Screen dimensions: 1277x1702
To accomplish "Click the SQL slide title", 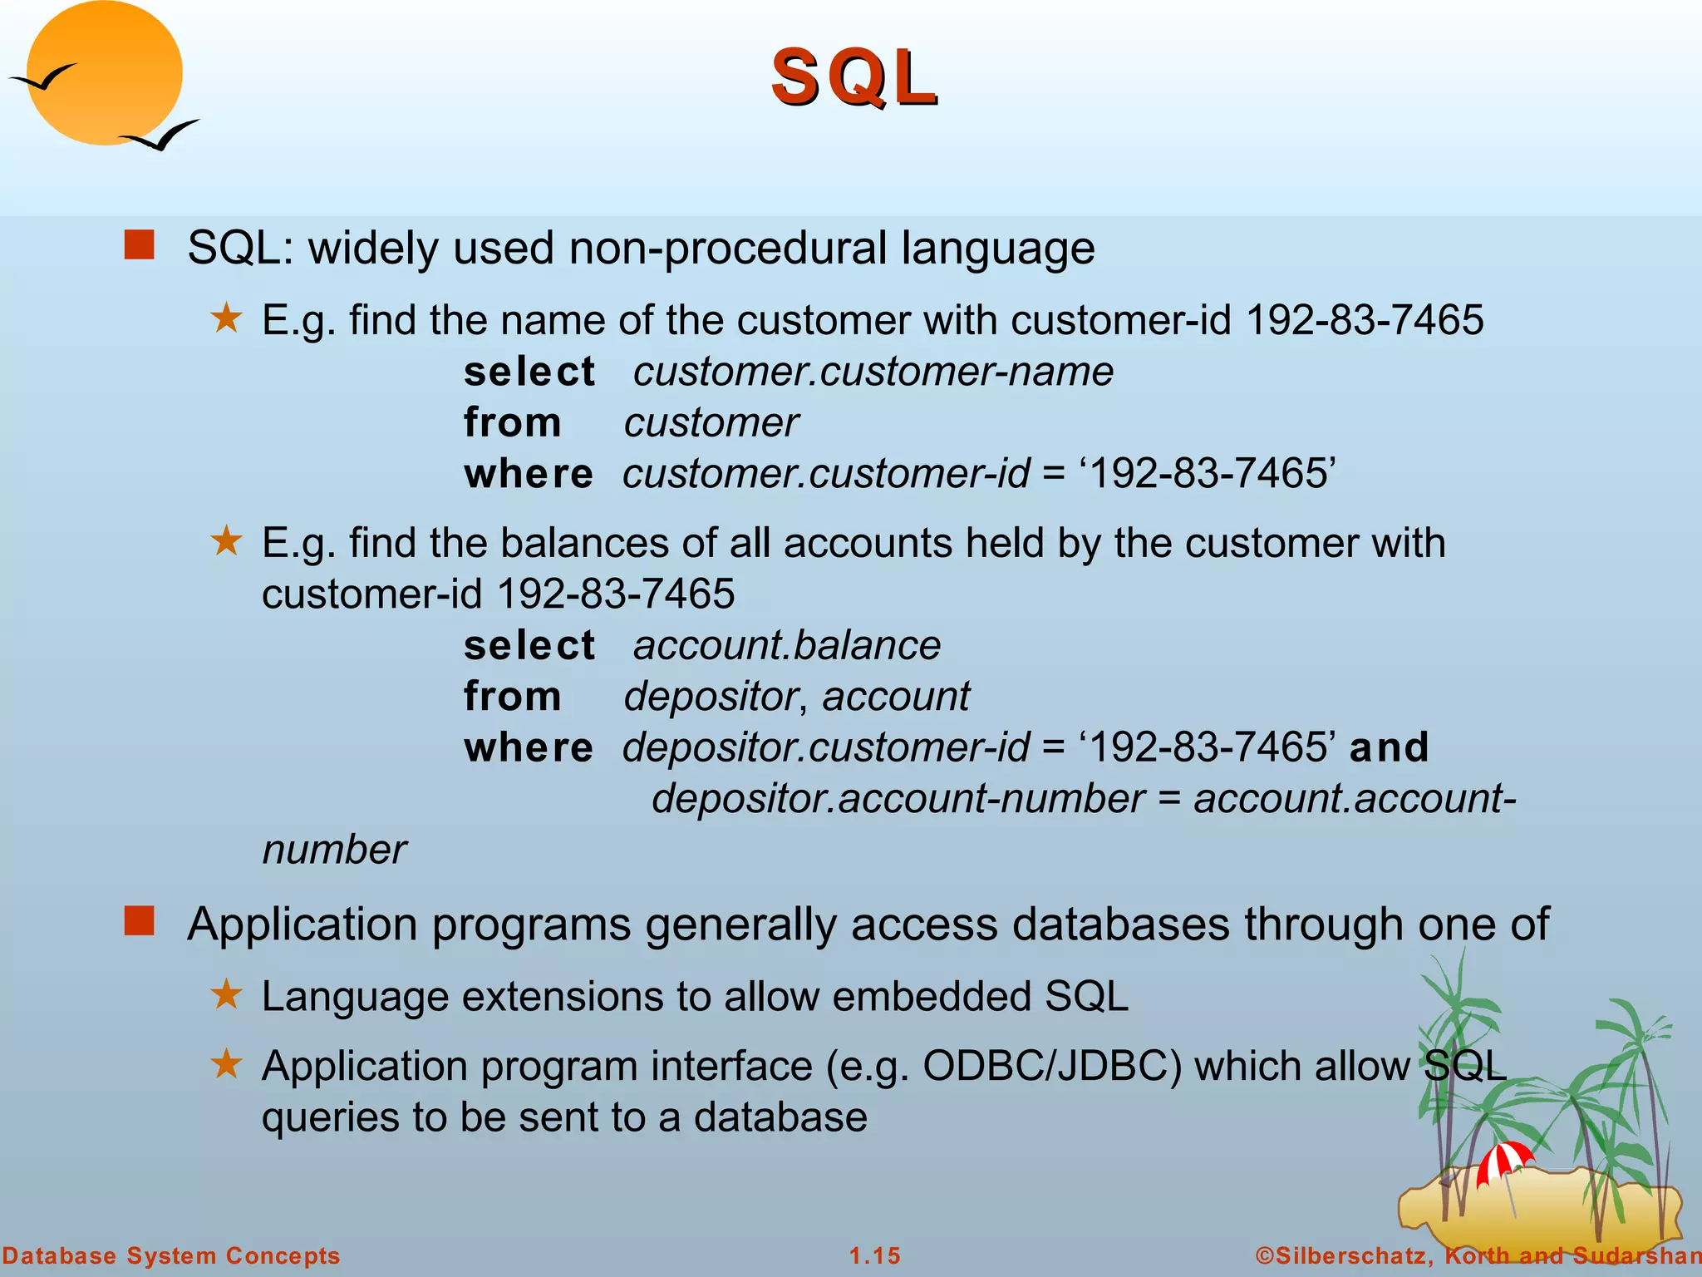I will (x=854, y=78).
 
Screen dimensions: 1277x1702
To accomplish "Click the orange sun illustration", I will (x=104, y=73).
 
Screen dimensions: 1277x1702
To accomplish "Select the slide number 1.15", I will (x=874, y=1255).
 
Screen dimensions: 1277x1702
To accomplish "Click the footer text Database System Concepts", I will (x=171, y=1255).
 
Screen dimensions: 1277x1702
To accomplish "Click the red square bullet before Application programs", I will (x=139, y=921).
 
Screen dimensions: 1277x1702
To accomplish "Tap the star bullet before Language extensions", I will (x=226, y=993).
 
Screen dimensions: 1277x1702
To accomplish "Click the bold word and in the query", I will (x=1389, y=747).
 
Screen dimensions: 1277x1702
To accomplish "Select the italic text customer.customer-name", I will (x=873, y=372).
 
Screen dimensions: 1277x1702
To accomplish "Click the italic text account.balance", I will (x=786, y=646).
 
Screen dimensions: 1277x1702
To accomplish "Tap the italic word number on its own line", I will (x=334, y=851).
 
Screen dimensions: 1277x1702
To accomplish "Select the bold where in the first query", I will (x=529, y=474).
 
